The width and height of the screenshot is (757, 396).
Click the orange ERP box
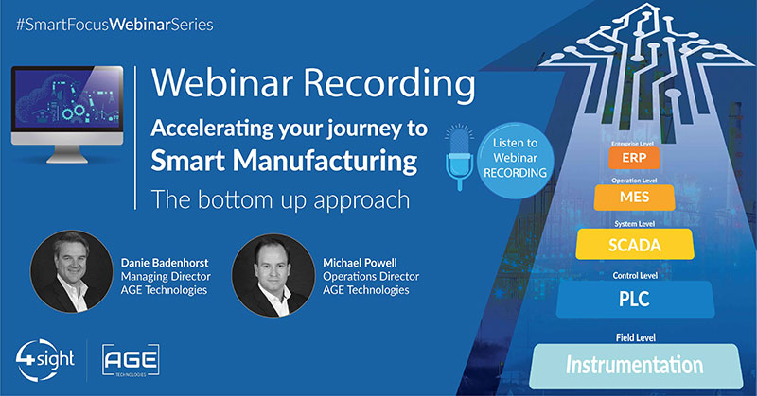click(634, 158)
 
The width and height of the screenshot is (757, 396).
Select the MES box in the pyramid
click(634, 198)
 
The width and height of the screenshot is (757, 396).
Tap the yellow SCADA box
click(635, 244)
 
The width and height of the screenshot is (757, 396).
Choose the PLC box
click(635, 299)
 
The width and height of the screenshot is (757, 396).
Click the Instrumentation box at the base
click(636, 366)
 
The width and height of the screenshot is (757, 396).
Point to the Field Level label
click(636, 337)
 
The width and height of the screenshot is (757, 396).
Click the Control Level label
click(635, 275)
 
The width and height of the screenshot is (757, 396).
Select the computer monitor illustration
click(67, 114)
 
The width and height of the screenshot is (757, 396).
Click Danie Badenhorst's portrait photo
click(72, 271)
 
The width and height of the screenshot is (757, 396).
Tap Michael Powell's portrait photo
click(273, 275)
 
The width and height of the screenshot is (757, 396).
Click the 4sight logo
click(44, 360)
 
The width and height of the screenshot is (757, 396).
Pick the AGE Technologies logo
click(131, 360)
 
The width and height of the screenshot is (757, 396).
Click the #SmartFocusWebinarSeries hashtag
click(114, 25)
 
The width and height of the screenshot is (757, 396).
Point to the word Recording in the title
click(389, 83)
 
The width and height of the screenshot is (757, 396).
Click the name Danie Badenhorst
click(165, 263)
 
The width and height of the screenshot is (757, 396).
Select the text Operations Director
click(371, 276)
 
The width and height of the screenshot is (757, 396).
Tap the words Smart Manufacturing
click(284, 161)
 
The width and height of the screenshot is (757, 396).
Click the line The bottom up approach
click(280, 200)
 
